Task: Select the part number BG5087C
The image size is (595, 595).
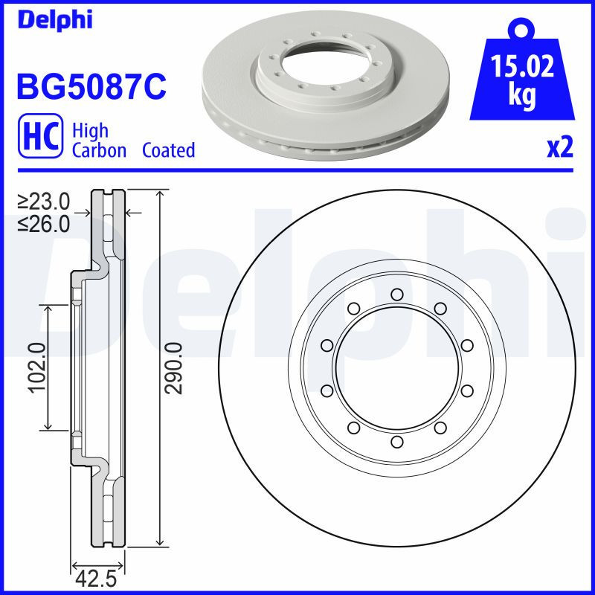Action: [x=91, y=87]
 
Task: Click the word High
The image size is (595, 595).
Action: [x=90, y=131]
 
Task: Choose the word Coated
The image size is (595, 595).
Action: [x=168, y=150]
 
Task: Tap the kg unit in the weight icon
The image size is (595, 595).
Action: [x=522, y=97]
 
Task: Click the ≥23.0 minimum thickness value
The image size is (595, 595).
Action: [x=44, y=201]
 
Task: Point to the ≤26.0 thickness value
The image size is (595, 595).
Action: [x=44, y=222]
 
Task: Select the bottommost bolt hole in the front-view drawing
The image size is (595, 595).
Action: [x=396, y=443]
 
